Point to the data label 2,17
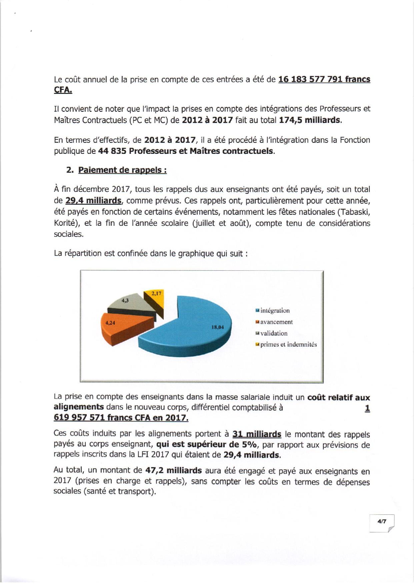point(156,293)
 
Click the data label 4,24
point(110,323)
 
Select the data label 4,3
point(125,300)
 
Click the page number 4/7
point(382,522)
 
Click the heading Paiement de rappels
point(122,170)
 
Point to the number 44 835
point(112,151)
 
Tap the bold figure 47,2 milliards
point(174,470)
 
